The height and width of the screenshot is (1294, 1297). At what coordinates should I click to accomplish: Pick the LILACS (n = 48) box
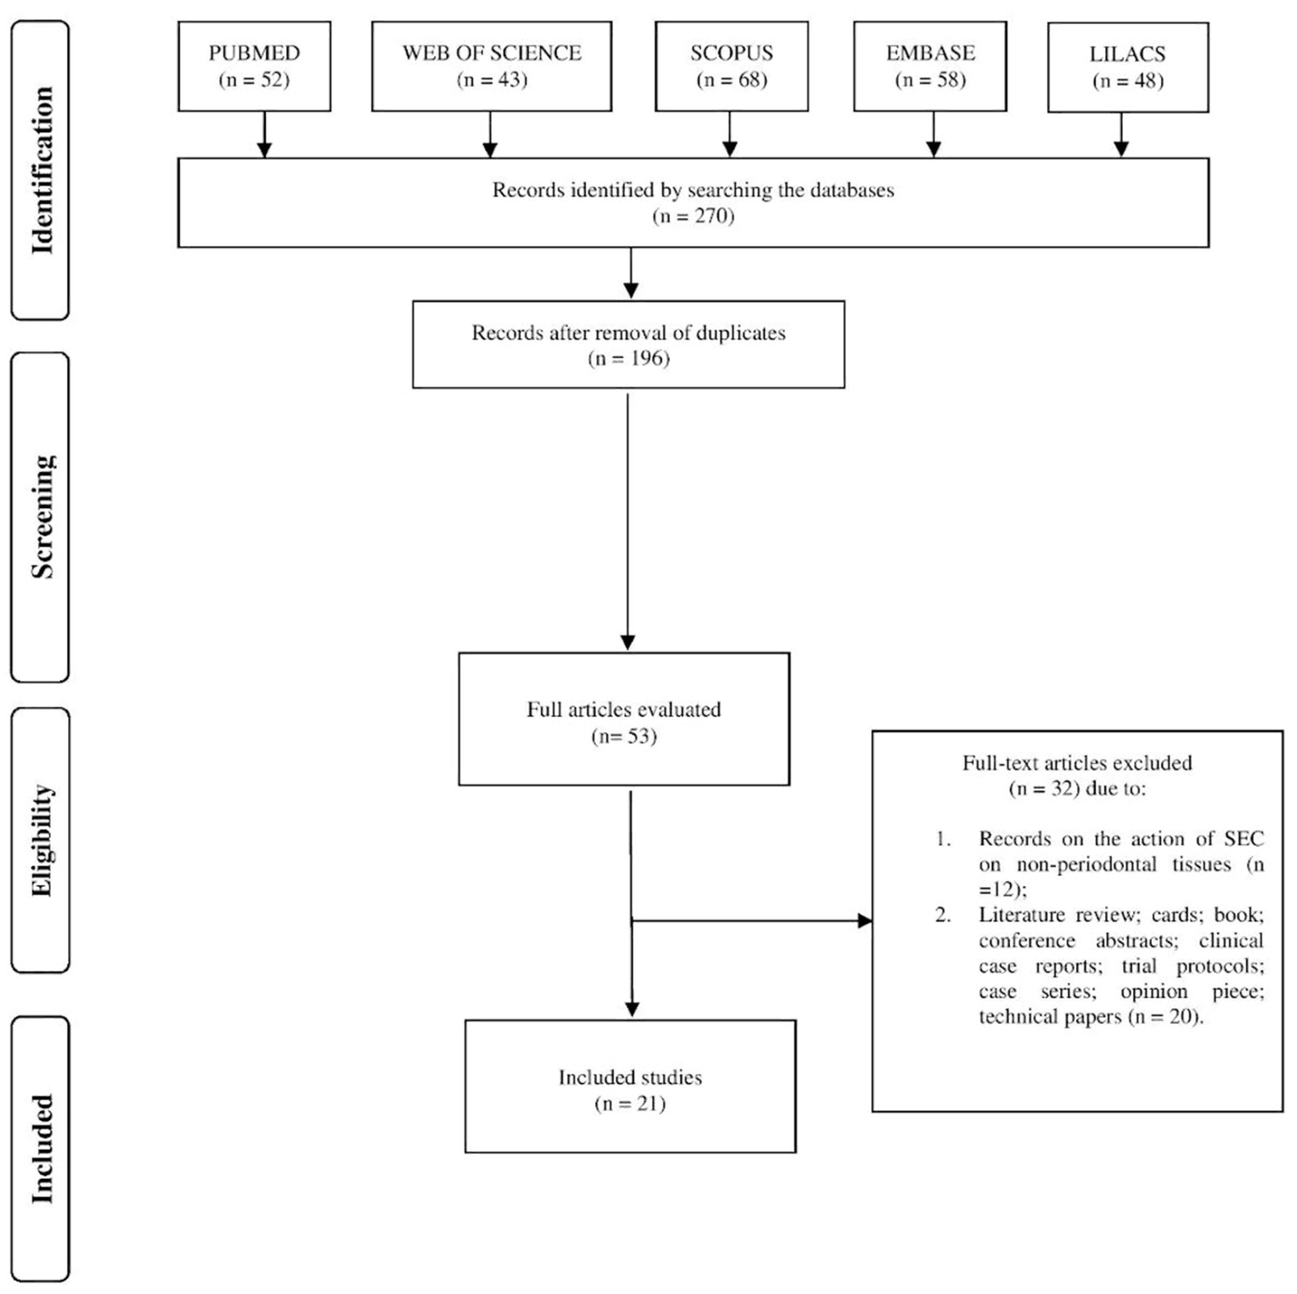tap(1127, 67)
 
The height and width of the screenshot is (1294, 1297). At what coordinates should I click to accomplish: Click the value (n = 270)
tap(693, 216)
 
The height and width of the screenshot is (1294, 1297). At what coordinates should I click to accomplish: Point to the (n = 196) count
tap(628, 359)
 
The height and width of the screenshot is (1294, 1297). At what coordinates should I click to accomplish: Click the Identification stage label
tap(41, 170)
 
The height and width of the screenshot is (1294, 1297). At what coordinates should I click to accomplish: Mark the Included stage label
tap(41, 1149)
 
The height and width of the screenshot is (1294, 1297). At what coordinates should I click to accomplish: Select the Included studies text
tap(630, 1077)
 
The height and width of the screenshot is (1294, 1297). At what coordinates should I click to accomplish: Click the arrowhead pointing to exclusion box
tap(865, 920)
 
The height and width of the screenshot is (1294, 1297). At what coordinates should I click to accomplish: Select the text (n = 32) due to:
tap(1077, 789)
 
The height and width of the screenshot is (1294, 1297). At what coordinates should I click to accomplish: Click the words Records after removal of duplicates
tap(628, 333)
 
